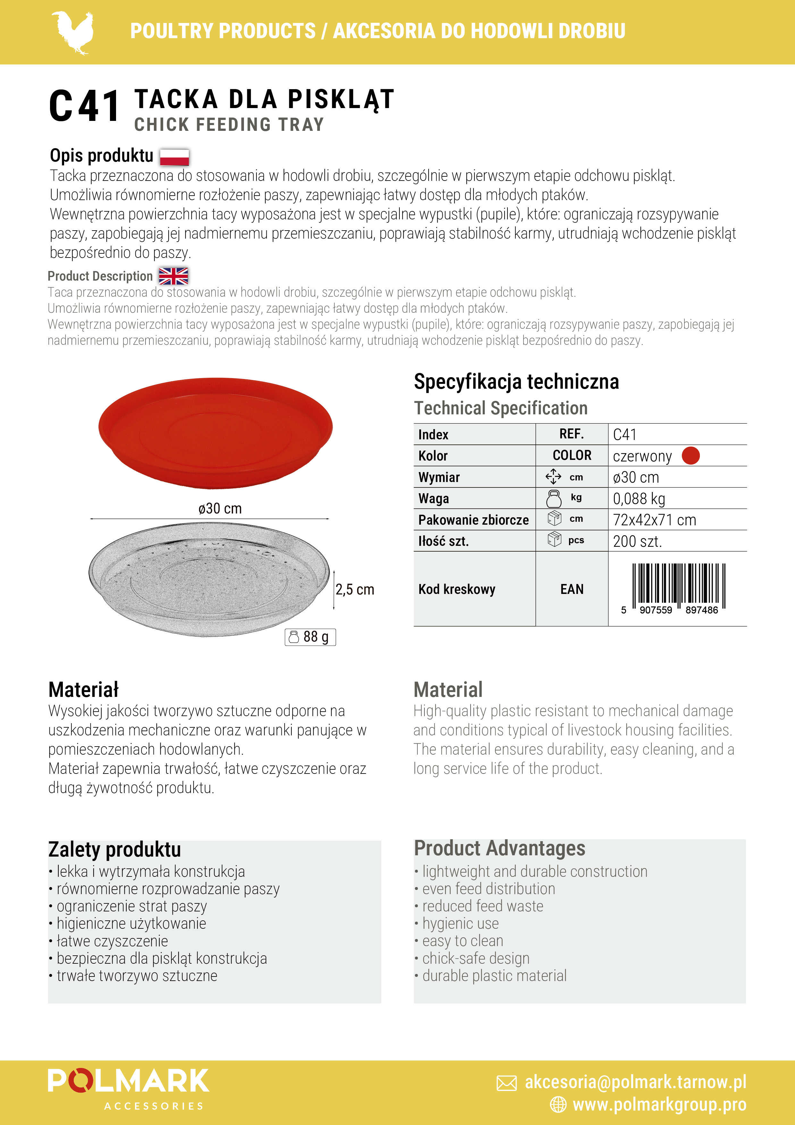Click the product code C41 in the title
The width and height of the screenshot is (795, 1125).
coord(84,106)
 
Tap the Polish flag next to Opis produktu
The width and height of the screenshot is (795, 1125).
coord(174,157)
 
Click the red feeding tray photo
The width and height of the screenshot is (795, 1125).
coord(215,431)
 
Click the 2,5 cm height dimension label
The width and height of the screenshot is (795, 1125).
coord(355,589)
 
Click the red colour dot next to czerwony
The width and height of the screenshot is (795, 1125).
coord(691,456)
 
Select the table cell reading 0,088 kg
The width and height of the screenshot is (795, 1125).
coord(639,499)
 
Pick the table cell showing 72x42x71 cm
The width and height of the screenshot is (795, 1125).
coord(654,520)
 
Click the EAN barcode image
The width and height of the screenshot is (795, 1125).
coord(678,588)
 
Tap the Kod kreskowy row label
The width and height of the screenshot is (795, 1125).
coord(456,589)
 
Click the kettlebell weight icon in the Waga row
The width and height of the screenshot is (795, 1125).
coord(554,499)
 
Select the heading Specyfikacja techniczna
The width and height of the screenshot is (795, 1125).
coord(516,382)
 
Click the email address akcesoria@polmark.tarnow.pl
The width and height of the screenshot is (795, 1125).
coord(635,1082)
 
